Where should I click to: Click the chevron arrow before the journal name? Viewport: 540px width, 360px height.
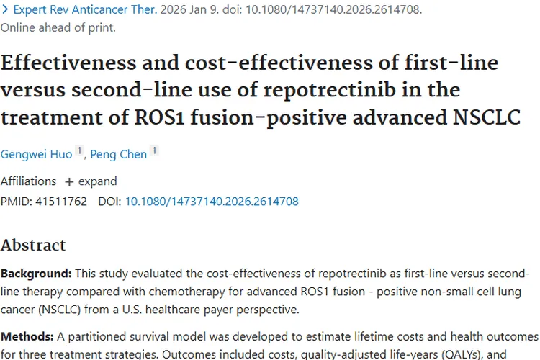point(5,11)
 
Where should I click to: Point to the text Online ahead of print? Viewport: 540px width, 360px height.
point(58,28)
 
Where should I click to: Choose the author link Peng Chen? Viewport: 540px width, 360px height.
point(119,153)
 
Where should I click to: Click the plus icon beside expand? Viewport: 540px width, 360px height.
point(69,181)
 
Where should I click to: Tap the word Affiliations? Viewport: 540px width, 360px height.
point(28,181)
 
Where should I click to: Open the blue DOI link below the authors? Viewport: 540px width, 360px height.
point(212,202)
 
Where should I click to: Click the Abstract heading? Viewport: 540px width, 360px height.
point(33,246)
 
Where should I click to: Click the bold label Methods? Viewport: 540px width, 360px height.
point(27,336)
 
